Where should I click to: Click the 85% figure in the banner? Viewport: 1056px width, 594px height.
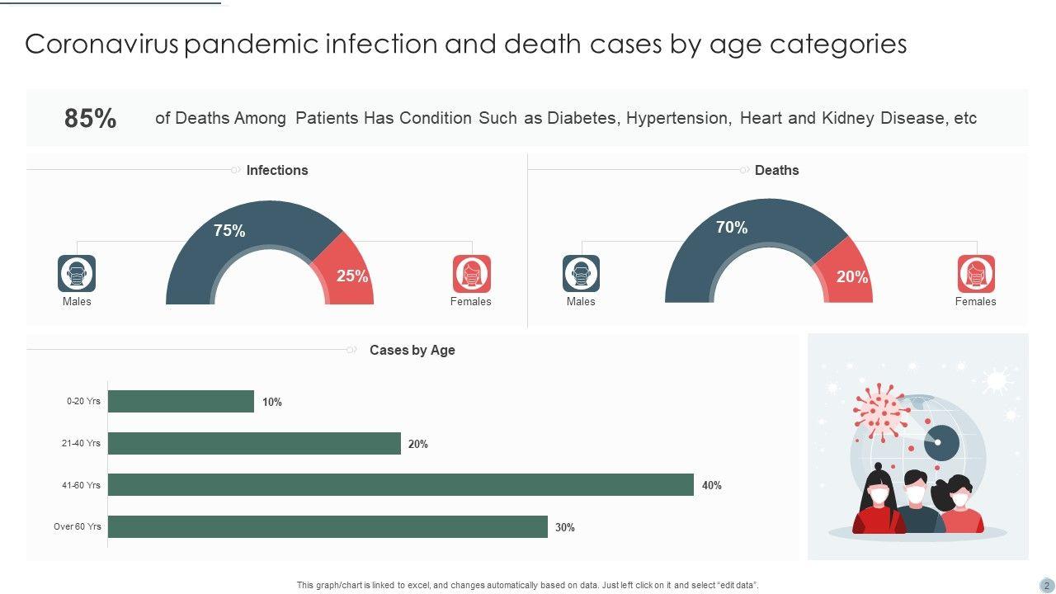(x=90, y=119)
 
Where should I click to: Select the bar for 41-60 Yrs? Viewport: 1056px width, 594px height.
(x=400, y=485)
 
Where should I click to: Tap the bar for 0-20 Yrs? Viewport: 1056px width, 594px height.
(x=181, y=402)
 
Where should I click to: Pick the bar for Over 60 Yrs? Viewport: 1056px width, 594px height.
(x=328, y=526)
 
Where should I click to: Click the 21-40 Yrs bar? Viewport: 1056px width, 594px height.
(x=254, y=444)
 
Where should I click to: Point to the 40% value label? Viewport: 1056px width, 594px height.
(x=711, y=486)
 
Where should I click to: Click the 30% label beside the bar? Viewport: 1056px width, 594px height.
(x=564, y=527)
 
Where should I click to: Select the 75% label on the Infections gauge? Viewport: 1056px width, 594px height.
(x=229, y=231)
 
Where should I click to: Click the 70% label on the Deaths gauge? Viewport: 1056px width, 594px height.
(x=732, y=227)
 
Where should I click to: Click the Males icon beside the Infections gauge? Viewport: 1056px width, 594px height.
(x=77, y=273)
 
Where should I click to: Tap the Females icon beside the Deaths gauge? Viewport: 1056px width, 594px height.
(x=976, y=273)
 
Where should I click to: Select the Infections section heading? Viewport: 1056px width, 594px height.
(x=277, y=170)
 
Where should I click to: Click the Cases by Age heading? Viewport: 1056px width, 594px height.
(x=412, y=350)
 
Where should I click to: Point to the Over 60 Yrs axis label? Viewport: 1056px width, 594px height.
(x=78, y=526)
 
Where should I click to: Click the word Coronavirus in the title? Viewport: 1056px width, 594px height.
(x=101, y=44)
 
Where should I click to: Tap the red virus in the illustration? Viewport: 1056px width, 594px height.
(x=879, y=410)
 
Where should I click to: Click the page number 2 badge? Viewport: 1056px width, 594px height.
(x=1046, y=585)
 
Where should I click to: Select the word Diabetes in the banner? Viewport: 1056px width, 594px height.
(x=582, y=118)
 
